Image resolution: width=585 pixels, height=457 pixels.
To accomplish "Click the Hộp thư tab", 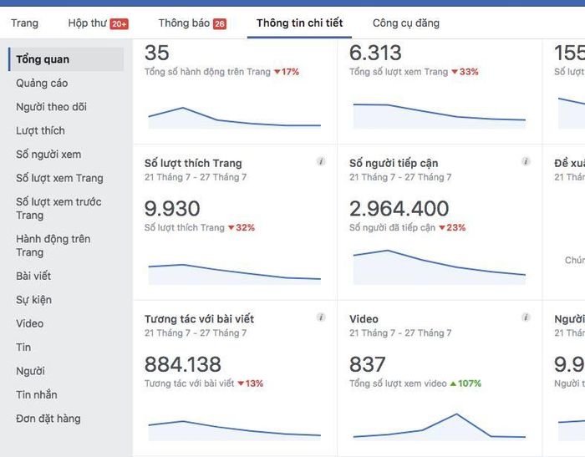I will [87, 23].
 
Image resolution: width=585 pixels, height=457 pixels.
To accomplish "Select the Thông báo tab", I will [184, 23].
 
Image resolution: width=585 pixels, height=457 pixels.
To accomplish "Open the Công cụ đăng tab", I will [405, 23].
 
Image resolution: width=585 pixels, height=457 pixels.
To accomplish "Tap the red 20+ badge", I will [119, 24].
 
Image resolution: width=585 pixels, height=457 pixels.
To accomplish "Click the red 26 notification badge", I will [220, 24].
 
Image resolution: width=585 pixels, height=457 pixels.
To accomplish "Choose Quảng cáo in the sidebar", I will [42, 84].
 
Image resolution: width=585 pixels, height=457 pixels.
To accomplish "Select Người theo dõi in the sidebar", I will [51, 107].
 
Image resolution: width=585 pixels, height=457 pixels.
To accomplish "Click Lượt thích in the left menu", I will [40, 130].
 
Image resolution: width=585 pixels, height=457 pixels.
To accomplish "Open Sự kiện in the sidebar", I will [33, 299].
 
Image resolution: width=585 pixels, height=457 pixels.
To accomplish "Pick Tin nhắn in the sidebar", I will [37, 394].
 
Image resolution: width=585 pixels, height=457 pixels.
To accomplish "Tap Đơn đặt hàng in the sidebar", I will [48, 419].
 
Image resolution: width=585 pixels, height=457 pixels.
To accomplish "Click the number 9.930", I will [172, 209].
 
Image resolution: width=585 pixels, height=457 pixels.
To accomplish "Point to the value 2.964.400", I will [399, 209].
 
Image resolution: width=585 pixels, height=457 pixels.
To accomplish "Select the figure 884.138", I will [183, 364].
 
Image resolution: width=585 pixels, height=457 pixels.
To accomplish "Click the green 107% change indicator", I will [465, 383].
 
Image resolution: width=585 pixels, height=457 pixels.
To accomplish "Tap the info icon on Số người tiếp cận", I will [526, 162].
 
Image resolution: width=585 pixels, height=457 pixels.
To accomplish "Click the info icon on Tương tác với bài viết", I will [321, 317].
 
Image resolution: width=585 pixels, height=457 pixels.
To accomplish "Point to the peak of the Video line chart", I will [456, 414].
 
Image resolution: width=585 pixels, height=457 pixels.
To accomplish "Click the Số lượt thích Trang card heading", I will [193, 163].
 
